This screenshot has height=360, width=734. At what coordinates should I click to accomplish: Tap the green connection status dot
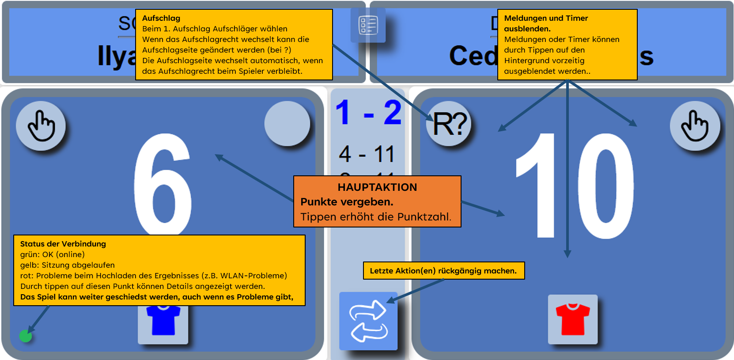click(x=26, y=336)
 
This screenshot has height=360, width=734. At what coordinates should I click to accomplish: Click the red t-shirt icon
click(x=573, y=319)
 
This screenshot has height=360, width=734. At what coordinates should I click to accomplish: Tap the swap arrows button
click(x=368, y=321)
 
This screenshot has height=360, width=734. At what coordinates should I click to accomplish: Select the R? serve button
click(x=449, y=124)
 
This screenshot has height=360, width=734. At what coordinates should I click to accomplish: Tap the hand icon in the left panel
click(x=41, y=126)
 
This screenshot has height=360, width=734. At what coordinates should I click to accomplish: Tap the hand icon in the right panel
click(x=695, y=126)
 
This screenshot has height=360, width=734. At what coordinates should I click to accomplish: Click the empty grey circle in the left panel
click(x=288, y=124)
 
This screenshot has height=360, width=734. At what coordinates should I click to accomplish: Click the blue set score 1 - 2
click(x=368, y=113)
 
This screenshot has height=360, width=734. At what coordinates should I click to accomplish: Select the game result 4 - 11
click(x=367, y=154)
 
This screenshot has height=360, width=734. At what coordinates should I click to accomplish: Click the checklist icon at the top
click(x=368, y=25)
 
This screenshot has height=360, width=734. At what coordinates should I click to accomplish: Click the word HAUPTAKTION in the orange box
click(x=377, y=187)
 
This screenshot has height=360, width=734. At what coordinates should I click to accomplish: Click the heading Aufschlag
click(x=161, y=19)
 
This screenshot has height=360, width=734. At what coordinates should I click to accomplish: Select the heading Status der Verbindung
click(x=63, y=244)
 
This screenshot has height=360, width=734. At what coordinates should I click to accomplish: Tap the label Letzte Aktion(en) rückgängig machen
click(x=443, y=271)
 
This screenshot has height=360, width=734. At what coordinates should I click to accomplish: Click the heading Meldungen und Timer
click(x=546, y=19)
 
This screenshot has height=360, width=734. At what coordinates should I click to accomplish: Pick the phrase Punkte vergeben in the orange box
click(x=347, y=202)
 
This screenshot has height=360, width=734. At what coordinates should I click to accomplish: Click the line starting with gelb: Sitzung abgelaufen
click(x=68, y=265)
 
